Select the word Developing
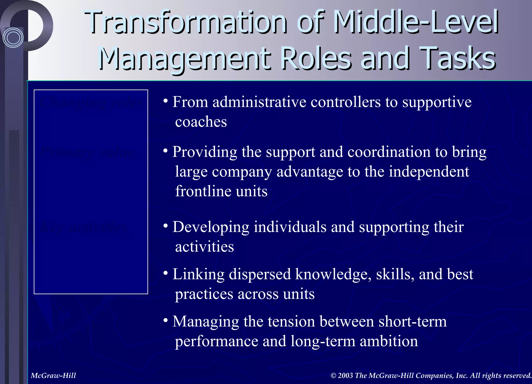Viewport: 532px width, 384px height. coord(211,227)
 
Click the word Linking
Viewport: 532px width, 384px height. coord(198,274)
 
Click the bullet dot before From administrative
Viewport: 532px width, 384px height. coord(165,102)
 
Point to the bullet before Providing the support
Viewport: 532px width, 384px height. coord(165,151)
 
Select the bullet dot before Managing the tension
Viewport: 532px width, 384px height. coord(165,321)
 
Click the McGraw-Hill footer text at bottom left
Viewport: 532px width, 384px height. coord(53,375)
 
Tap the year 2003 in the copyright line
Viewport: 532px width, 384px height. coord(345,375)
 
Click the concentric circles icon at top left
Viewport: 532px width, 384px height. coord(13,38)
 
